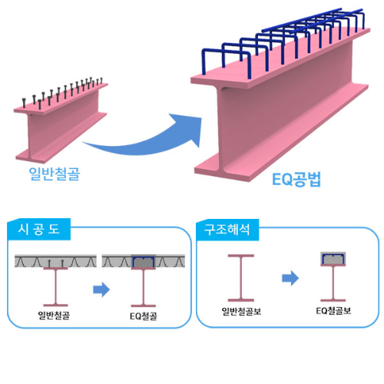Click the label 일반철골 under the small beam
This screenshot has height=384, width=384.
coord(55,174)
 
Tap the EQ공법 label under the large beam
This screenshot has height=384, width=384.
coord(296,179)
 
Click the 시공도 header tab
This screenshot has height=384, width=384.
coord(39,230)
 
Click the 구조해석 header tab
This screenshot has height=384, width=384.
coord(227,230)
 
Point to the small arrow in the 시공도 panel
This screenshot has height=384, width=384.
coord(101,290)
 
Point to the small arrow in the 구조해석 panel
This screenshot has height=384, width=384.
coord(290,278)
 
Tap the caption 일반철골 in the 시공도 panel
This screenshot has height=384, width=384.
coord(54,315)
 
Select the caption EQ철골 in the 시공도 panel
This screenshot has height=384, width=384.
coord(144,316)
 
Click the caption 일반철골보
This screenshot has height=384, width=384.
coord(241,311)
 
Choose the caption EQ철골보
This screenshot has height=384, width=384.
coord(333,311)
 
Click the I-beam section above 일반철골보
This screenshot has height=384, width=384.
coord(241,278)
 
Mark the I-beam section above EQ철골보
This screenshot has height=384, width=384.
coord(333,283)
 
